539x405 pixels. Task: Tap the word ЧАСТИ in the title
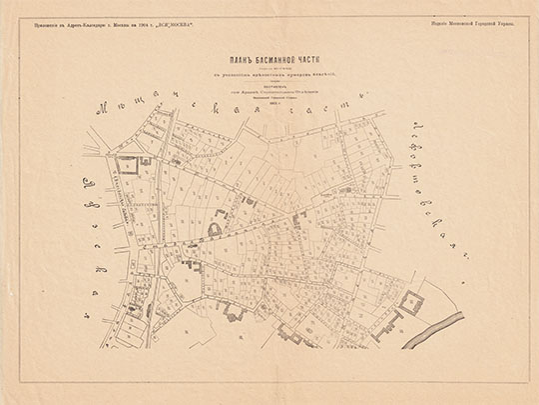coord(311,58)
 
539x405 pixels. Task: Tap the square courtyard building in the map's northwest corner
coord(128,166)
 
